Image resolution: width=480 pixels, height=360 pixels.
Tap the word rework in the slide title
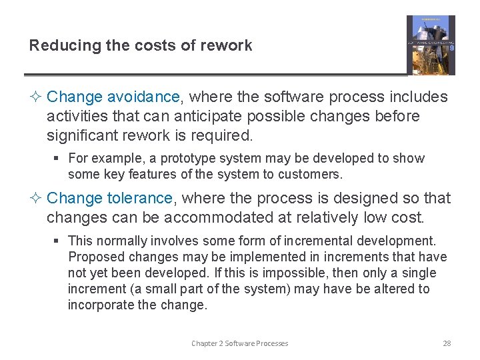point(229,46)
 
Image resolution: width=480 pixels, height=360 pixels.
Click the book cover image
point(431,45)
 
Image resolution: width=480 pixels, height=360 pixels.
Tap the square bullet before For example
point(59,159)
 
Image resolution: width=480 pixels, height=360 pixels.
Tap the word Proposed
point(93,257)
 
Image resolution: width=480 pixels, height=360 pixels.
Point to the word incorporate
point(99,305)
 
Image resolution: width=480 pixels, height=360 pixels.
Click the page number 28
point(447,343)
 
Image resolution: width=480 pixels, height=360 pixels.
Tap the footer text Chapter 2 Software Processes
point(240,343)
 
